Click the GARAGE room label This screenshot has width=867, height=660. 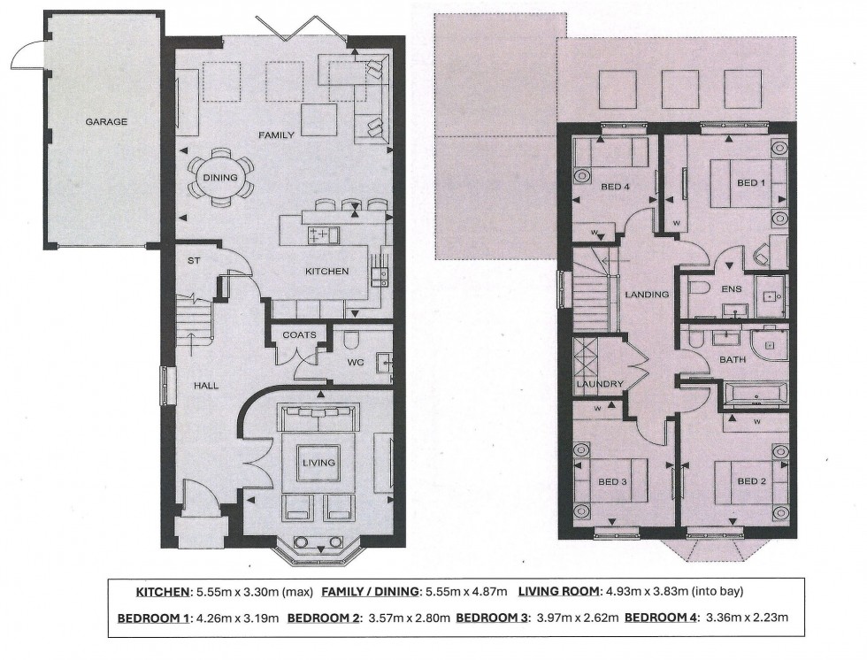pos(106,121)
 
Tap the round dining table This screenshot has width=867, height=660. pos(220,178)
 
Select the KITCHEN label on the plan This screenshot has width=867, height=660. pos(327,271)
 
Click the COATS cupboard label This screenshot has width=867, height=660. pos(299,335)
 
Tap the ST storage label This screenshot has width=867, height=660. pos(194,260)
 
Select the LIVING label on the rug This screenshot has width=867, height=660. pos(318,462)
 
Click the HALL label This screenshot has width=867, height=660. pos(205,385)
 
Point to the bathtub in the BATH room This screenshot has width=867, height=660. pos(756,395)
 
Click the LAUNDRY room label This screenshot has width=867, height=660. pos(600,384)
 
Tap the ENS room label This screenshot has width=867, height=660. pos(732,288)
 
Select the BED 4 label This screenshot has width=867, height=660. pos(615,187)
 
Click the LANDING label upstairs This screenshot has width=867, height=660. pos(647,294)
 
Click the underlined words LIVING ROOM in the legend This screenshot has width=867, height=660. pos(558,592)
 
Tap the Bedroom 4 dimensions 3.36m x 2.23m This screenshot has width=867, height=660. pos(746,618)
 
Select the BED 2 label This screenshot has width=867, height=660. pos(751,481)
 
